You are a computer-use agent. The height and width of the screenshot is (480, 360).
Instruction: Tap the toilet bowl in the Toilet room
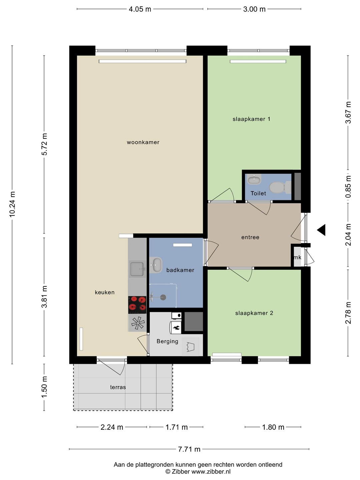click(x=280, y=187)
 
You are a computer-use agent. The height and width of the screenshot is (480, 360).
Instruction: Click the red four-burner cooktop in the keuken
click(x=137, y=305)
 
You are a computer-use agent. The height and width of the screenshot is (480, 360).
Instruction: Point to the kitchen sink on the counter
click(x=137, y=269)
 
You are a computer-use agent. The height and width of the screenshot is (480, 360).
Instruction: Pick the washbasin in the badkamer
click(x=156, y=265)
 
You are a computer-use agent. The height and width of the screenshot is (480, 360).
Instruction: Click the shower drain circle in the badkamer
click(x=163, y=297)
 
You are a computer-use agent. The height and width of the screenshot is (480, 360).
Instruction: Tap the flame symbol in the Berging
click(x=176, y=328)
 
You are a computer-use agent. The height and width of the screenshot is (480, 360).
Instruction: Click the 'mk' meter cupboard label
click(x=297, y=257)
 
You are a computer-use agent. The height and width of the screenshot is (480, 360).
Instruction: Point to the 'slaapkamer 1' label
click(x=251, y=119)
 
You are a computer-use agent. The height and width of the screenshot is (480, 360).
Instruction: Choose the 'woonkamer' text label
click(x=143, y=142)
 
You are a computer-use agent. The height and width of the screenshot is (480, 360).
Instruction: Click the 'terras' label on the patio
click(x=118, y=387)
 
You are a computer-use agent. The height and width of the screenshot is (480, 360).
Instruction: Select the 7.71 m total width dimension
click(x=189, y=449)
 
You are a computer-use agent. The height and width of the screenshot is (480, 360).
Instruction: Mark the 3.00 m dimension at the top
click(x=254, y=9)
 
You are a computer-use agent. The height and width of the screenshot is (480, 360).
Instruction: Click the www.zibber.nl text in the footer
click(x=211, y=471)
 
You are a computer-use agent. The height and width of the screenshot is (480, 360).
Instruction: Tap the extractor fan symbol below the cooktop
click(x=137, y=323)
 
